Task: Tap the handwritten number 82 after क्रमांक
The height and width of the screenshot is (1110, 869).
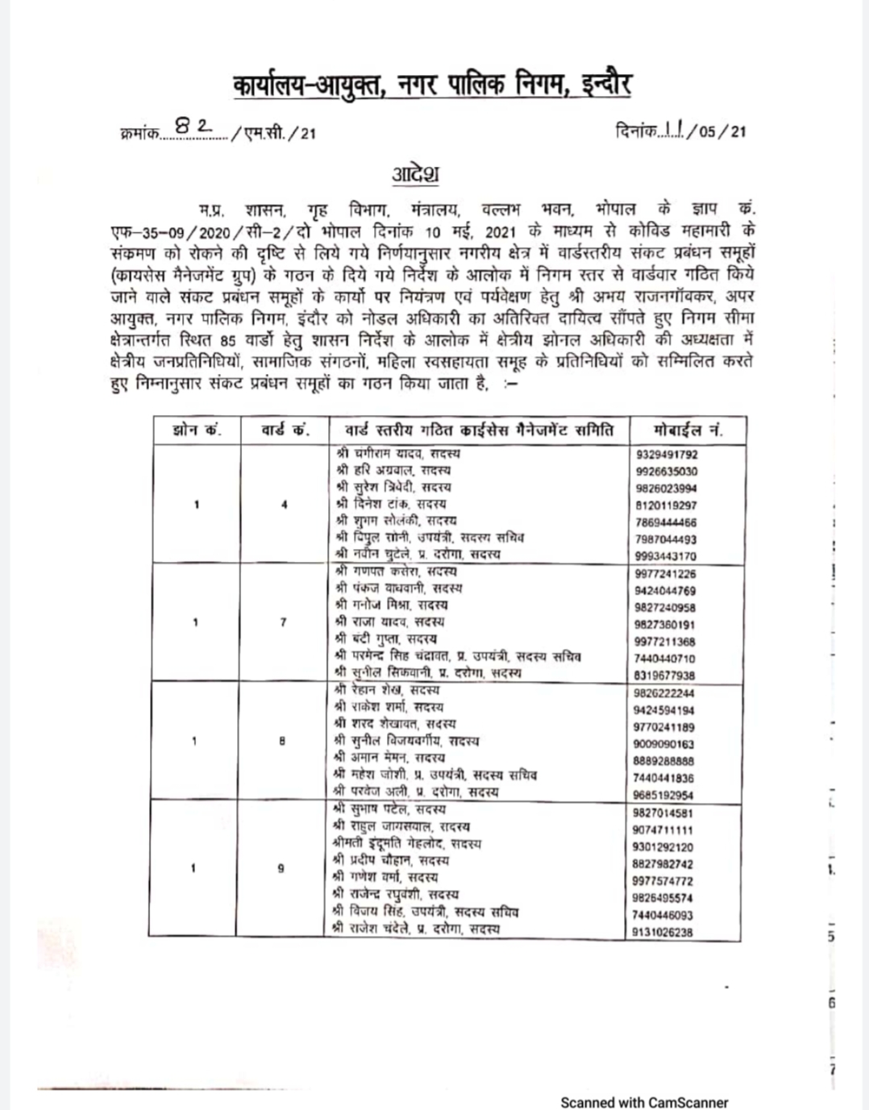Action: click(193, 127)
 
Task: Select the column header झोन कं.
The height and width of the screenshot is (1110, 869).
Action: click(197, 430)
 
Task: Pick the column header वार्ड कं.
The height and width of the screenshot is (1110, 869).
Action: click(285, 430)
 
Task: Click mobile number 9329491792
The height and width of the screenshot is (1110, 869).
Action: click(667, 455)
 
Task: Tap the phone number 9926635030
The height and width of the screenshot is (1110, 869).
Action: click(667, 472)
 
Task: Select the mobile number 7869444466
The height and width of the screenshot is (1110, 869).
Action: click(667, 522)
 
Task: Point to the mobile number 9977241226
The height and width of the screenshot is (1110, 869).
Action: click(666, 574)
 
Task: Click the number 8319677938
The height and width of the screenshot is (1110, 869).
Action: click(666, 676)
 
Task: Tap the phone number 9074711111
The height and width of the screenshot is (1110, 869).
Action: click(664, 829)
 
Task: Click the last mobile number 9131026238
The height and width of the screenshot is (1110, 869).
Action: click(663, 932)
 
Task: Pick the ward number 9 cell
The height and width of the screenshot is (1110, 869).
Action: click(281, 869)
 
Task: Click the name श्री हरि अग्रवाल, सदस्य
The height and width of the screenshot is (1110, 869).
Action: click(393, 470)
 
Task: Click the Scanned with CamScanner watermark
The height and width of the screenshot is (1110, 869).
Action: click(644, 1102)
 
